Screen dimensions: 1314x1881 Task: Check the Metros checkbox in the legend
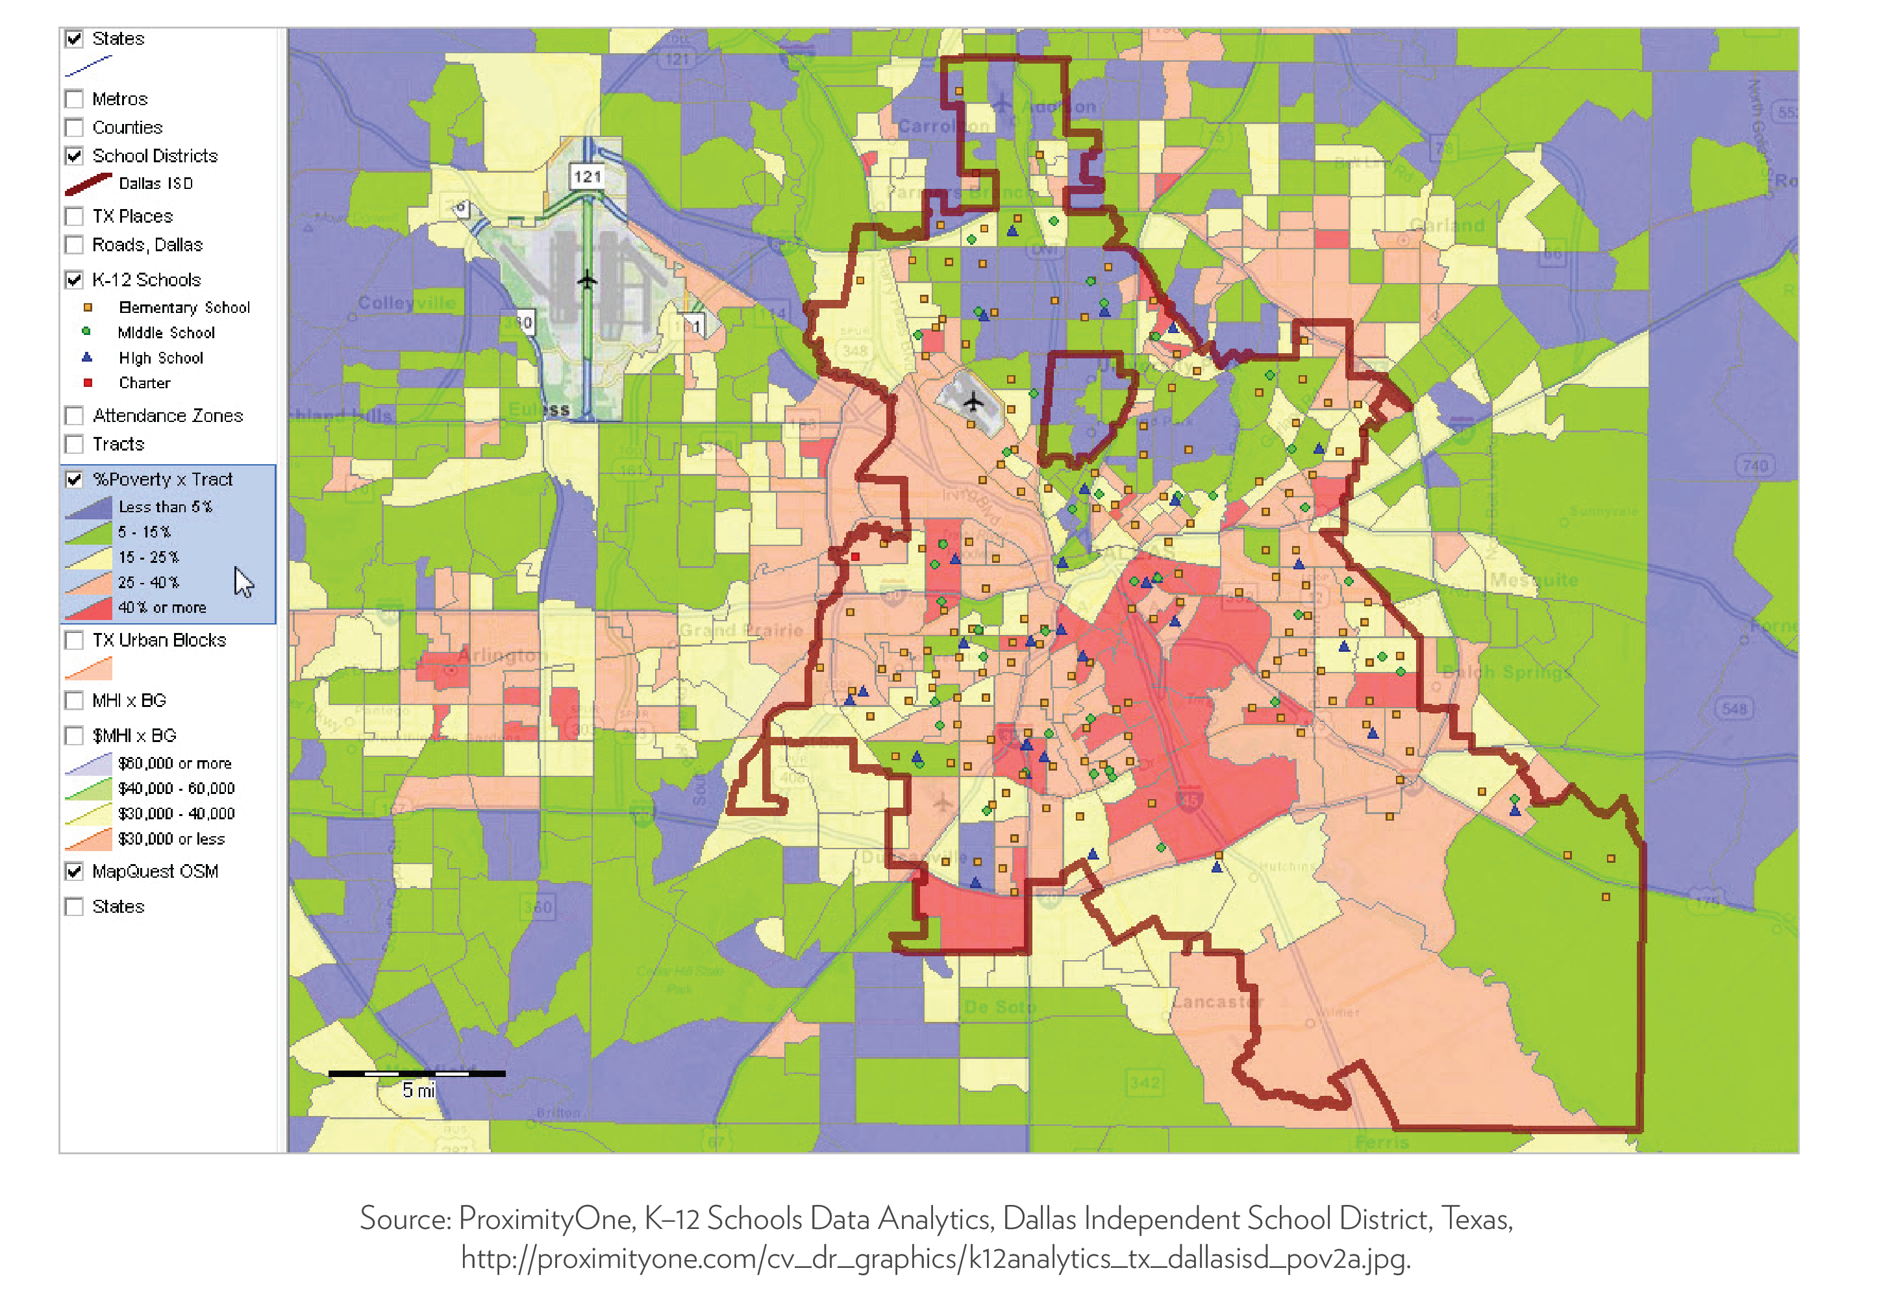pyautogui.click(x=75, y=99)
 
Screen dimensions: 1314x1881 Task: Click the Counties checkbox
pyautogui.click(x=75, y=128)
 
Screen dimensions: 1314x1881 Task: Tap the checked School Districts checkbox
pyautogui.click(x=75, y=156)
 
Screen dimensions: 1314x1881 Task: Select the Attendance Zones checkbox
pyautogui.click(x=75, y=416)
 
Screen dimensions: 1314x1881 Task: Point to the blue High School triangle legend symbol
pyautogui.click(x=87, y=358)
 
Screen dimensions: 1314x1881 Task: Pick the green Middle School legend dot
pyautogui.click(x=86, y=332)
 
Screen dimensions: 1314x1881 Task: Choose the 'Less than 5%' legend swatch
pyautogui.click(x=88, y=508)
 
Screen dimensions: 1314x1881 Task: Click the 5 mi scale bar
pyautogui.click(x=416, y=1073)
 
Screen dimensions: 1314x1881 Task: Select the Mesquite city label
pyautogui.click(x=1534, y=580)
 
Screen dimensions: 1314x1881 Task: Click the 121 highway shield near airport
pyautogui.click(x=588, y=176)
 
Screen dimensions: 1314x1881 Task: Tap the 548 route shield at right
pyautogui.click(x=1734, y=708)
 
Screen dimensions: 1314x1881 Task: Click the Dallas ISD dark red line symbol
pyautogui.click(x=88, y=184)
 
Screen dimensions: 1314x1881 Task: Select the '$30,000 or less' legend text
pyautogui.click(x=171, y=839)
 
